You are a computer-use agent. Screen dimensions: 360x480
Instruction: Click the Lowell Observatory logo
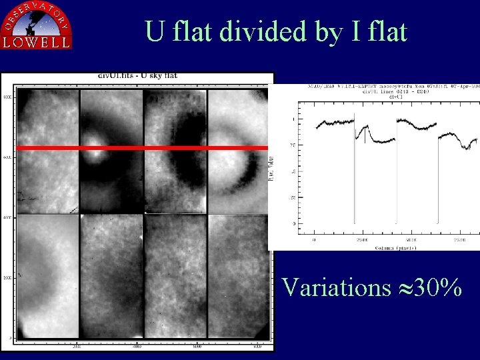click(x=37, y=25)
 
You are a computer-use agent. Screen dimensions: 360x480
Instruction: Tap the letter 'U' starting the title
click(x=155, y=31)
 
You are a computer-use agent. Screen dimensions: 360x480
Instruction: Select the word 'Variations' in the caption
click(x=336, y=287)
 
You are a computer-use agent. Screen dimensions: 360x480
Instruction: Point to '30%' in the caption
click(x=437, y=287)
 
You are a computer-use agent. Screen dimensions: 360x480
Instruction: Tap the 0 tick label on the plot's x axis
click(x=314, y=239)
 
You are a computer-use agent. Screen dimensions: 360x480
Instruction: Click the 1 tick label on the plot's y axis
click(x=291, y=119)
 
